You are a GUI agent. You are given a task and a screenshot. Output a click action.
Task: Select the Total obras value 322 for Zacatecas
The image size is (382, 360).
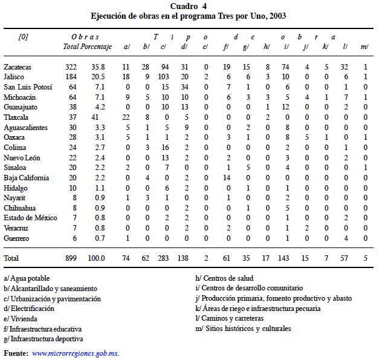pos(72,65)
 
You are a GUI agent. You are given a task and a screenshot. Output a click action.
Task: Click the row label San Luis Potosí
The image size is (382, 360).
pos(28,87)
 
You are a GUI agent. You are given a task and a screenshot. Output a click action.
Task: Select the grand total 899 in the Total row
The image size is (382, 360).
pos(72,258)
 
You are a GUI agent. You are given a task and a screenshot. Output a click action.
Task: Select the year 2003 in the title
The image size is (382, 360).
pos(277,16)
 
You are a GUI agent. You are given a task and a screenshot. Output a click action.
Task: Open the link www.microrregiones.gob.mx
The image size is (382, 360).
pos(75,353)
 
